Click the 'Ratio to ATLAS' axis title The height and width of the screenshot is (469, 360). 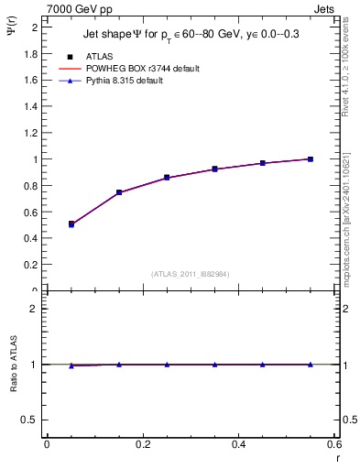click(x=14, y=392)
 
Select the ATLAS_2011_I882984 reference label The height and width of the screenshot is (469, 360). click(x=191, y=274)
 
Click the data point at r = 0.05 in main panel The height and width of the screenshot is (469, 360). click(x=71, y=224)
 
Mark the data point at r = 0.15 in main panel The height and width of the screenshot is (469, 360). click(x=119, y=192)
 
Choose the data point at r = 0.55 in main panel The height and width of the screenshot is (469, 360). click(x=311, y=159)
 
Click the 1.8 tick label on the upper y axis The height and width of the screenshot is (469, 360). click(x=31, y=53)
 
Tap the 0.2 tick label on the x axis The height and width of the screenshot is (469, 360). click(x=143, y=444)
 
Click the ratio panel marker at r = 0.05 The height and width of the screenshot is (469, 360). click(x=71, y=365)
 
